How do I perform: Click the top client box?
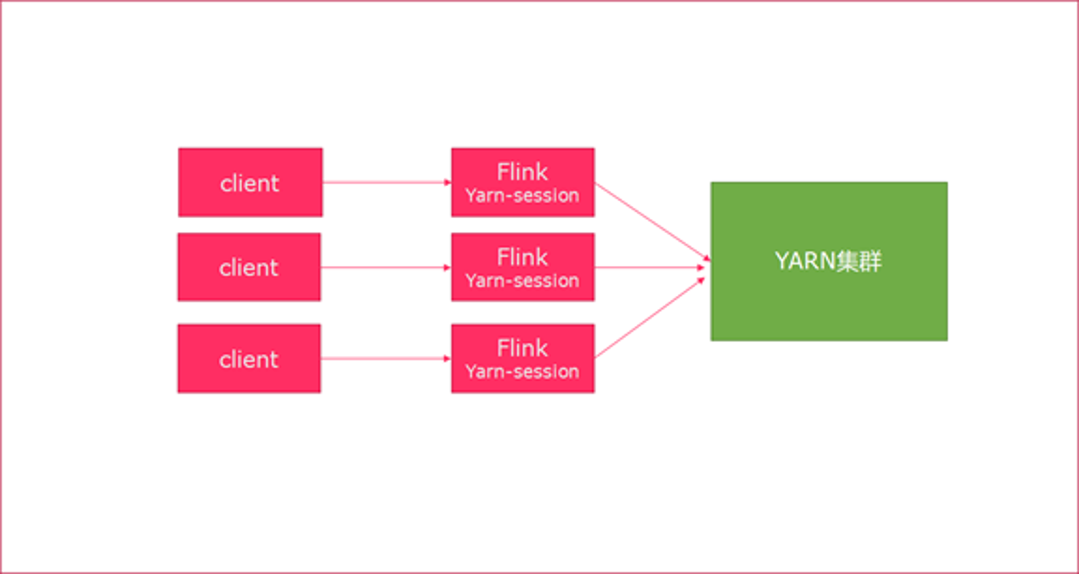click(x=250, y=183)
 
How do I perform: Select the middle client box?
click(x=249, y=267)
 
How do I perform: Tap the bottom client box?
click(x=249, y=359)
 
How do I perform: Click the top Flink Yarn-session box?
click(x=523, y=183)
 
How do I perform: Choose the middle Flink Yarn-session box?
click(x=523, y=267)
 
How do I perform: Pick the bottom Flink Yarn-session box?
click(x=523, y=359)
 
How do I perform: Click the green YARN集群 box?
click(x=829, y=261)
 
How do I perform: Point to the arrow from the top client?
click(x=387, y=183)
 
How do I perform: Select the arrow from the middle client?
click(x=386, y=267)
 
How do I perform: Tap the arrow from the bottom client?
click(x=386, y=359)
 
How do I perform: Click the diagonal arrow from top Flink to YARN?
click(x=652, y=222)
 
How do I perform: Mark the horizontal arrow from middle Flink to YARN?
click(x=650, y=267)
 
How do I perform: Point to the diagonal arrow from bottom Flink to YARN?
click(x=650, y=318)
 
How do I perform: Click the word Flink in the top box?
click(x=522, y=172)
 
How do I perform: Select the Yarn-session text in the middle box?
click(x=522, y=280)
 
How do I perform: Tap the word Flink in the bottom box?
click(x=522, y=348)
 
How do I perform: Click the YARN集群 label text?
click(x=828, y=261)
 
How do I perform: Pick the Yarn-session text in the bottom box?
click(x=522, y=372)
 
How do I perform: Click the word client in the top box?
click(x=250, y=184)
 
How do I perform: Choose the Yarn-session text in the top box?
click(x=522, y=195)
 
